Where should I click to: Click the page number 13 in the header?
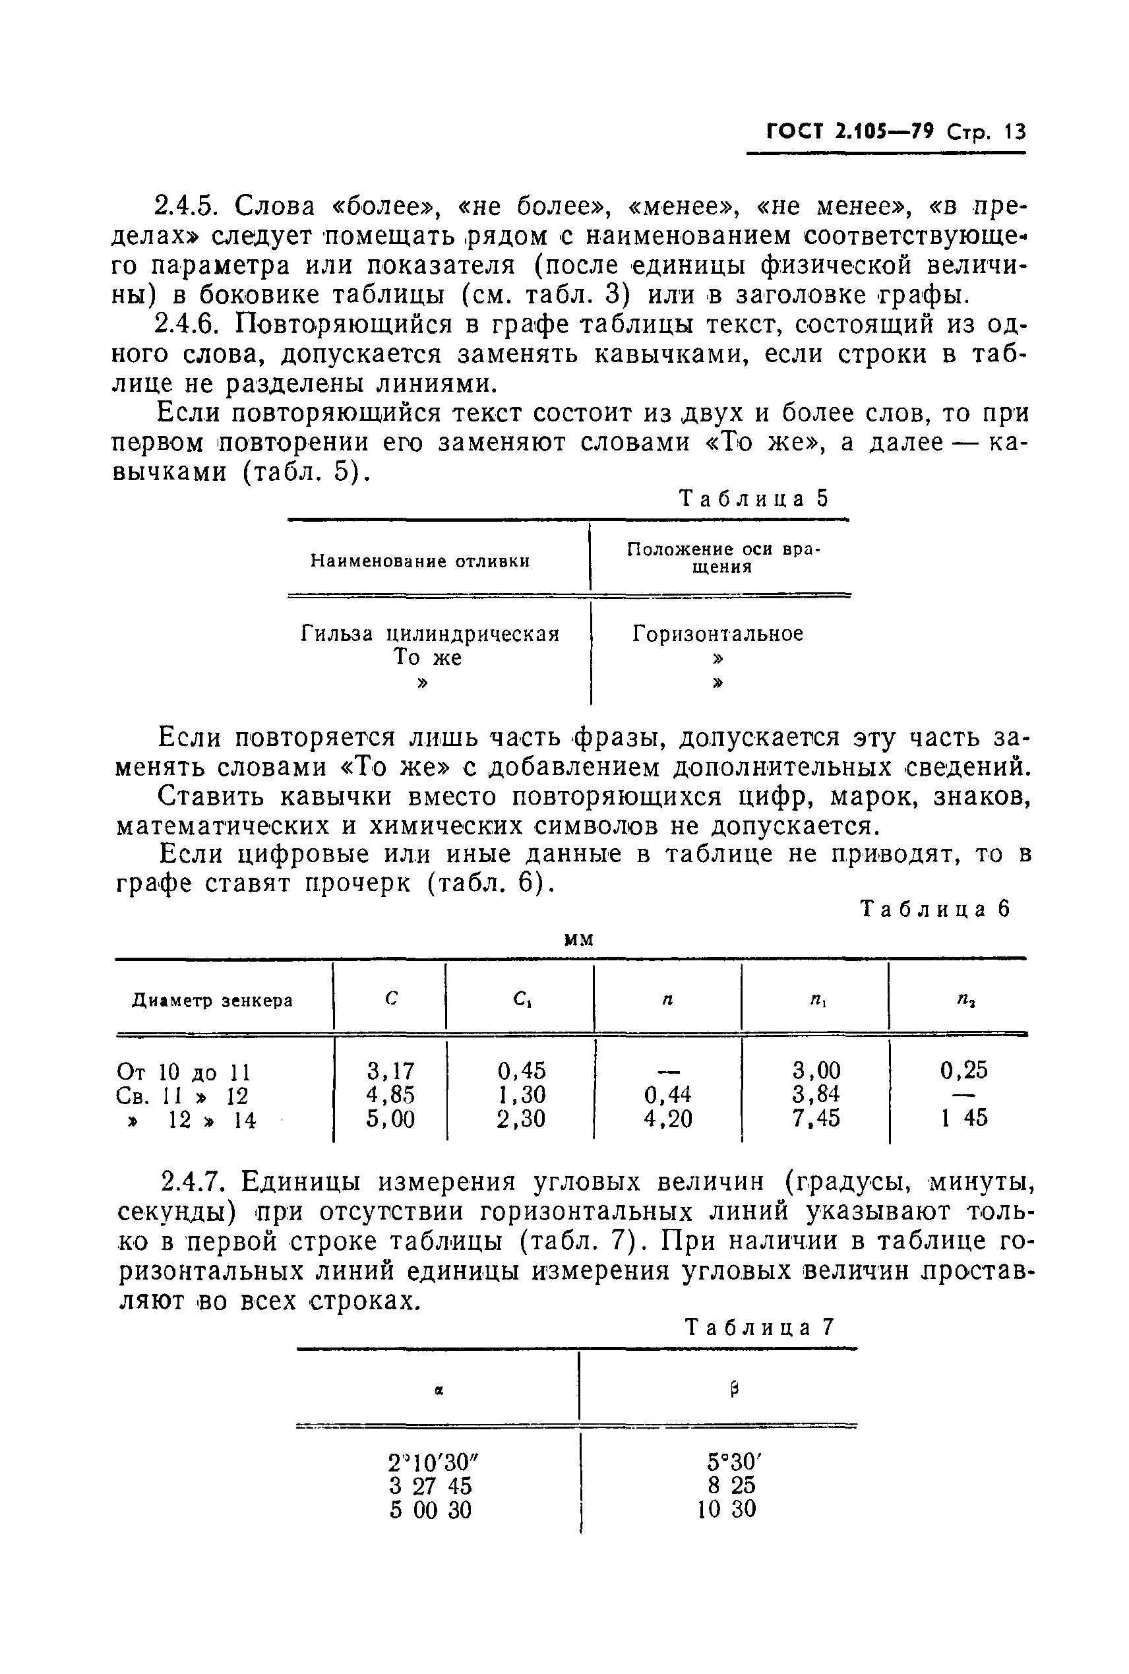[x=1013, y=132]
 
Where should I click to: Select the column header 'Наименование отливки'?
[x=420, y=561]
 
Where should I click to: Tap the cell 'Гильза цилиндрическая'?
[x=430, y=635]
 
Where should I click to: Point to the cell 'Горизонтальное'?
[x=718, y=635]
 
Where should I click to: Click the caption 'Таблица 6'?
[x=935, y=910]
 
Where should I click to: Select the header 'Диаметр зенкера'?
[x=212, y=1001]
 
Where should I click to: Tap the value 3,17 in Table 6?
[x=390, y=1071]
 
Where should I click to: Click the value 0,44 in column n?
[x=667, y=1095]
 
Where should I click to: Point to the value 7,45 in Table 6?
[x=816, y=1119]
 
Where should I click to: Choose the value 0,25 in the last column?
[x=963, y=1070]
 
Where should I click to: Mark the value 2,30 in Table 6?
[x=520, y=1119]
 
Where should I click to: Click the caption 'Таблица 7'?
[x=760, y=1327]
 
